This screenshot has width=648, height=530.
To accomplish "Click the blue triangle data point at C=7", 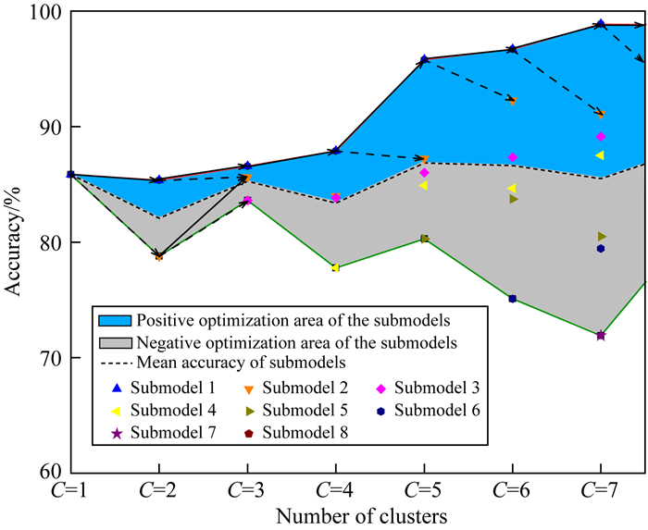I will tap(601, 24).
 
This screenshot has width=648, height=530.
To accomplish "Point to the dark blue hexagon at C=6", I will tap(512, 299).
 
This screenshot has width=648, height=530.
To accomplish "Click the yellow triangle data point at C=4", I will tap(335, 267).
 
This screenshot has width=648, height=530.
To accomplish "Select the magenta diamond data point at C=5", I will tap(424, 173).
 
